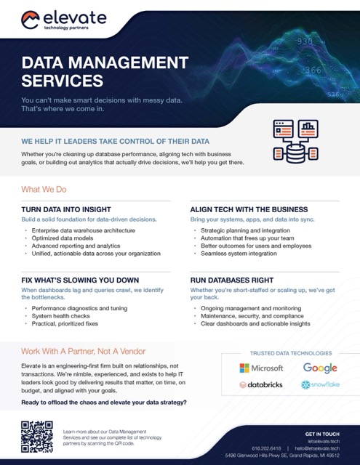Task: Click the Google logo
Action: point(320,368)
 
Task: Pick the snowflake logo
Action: point(320,384)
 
